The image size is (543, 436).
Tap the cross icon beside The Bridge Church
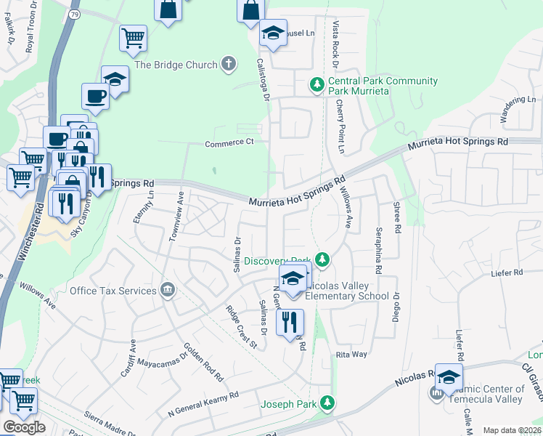pyautogui.click(x=228, y=65)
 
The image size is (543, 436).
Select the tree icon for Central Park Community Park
pyautogui.click(x=317, y=86)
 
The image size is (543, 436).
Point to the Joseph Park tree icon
pyautogui.click(x=328, y=402)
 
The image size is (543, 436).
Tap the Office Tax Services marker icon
pyautogui.click(x=168, y=291)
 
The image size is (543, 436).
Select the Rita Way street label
pyautogui.click(x=351, y=354)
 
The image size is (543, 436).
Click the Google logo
pyautogui.click(x=24, y=427)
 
